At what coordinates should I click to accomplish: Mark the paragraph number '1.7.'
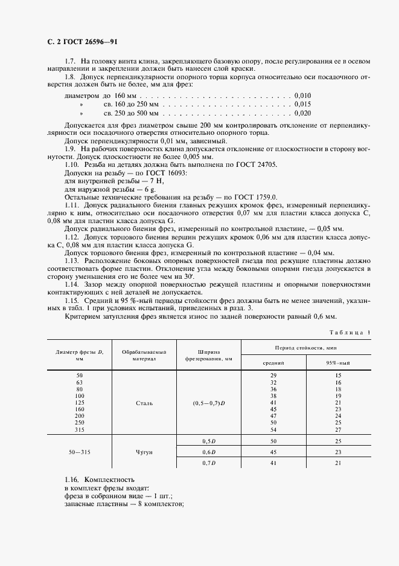tap(71, 62)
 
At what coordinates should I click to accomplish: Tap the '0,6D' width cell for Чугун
tap(208, 452)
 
